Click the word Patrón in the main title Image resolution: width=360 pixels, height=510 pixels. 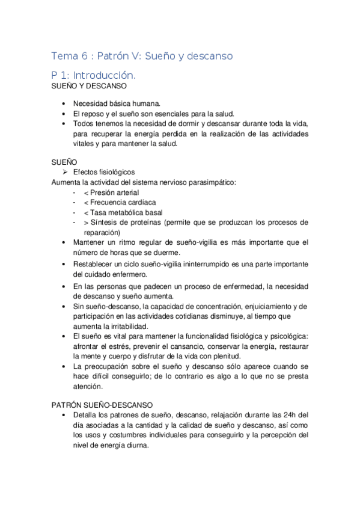coord(106,56)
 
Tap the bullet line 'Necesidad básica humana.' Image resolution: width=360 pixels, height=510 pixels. coord(117,103)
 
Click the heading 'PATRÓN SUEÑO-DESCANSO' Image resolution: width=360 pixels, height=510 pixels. coord(102,405)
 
